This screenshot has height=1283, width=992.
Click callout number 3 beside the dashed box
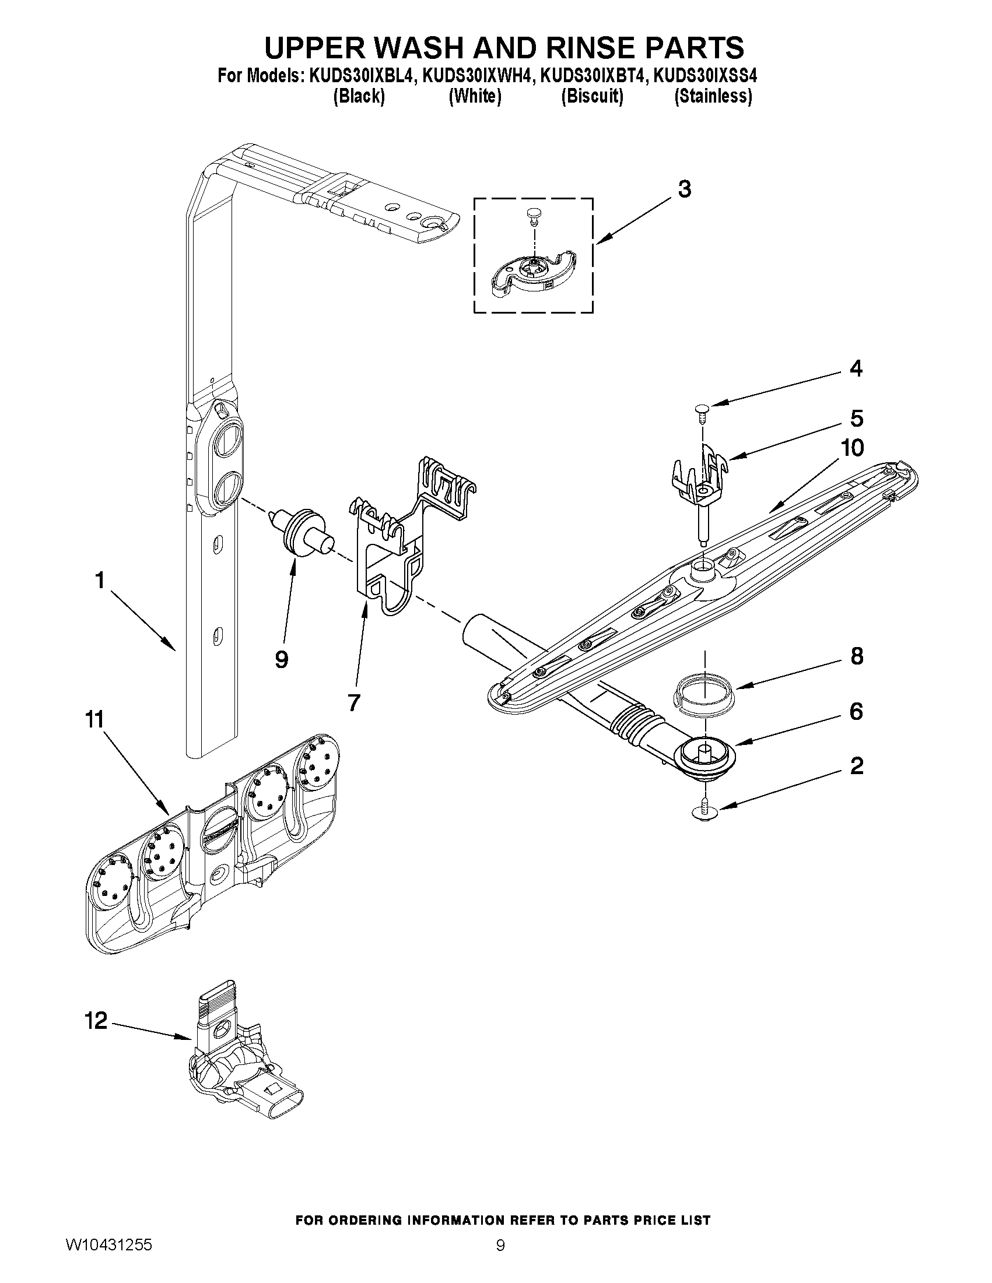pyautogui.click(x=684, y=189)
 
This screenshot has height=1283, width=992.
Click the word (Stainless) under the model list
pyautogui.click(x=713, y=96)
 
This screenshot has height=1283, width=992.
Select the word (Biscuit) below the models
pyautogui.click(x=592, y=96)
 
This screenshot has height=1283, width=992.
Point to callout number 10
pyautogui.click(x=851, y=448)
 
